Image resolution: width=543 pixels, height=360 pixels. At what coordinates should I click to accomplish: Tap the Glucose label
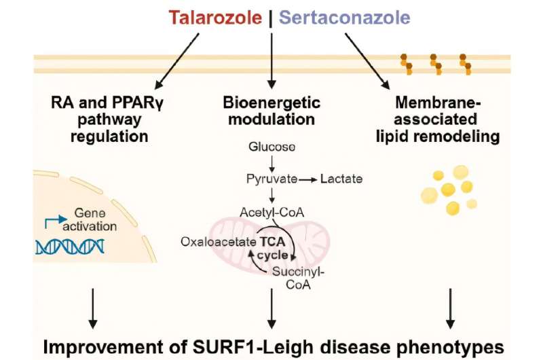[271, 147]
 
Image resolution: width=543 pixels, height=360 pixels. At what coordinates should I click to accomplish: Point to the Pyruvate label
[272, 179]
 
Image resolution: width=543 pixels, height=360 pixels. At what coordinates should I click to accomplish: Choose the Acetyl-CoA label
[271, 212]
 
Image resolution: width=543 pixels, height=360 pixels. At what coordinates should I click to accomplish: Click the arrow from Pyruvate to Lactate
[308, 179]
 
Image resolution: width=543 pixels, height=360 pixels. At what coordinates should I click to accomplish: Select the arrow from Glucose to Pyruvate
[271, 163]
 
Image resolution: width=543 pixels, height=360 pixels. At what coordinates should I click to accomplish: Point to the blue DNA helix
[69, 247]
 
